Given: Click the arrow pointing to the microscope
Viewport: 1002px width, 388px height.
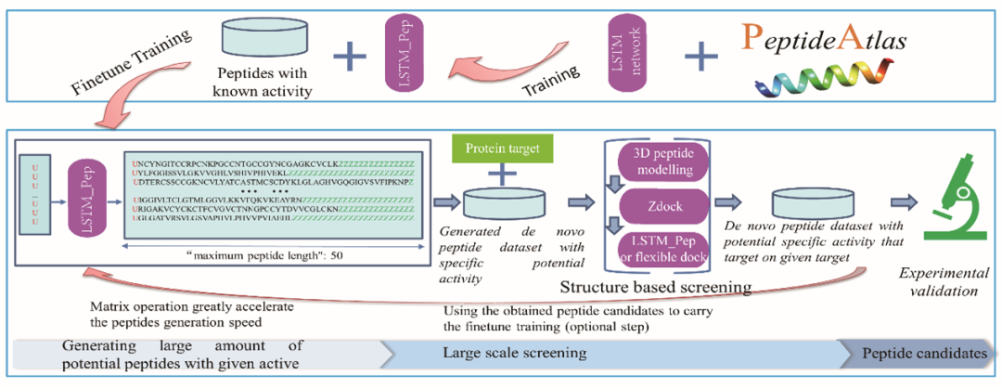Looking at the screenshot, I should (x=899, y=203).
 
